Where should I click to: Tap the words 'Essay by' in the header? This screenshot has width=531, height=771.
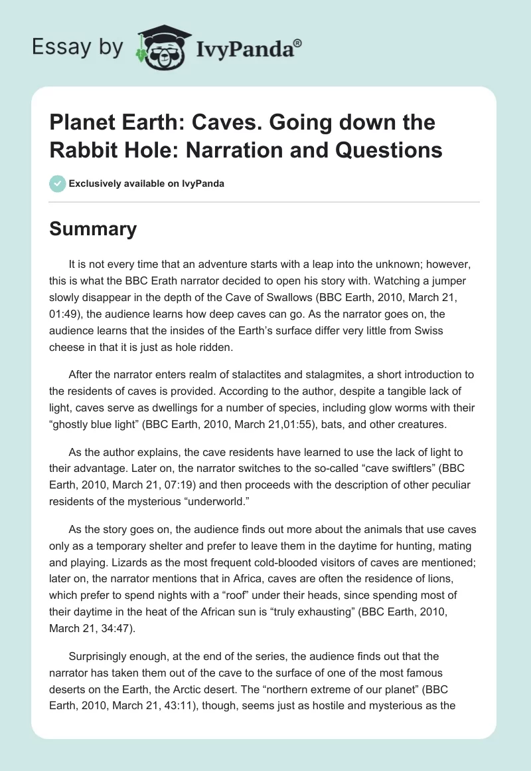click(x=78, y=47)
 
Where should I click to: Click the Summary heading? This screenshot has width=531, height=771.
click(x=94, y=229)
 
